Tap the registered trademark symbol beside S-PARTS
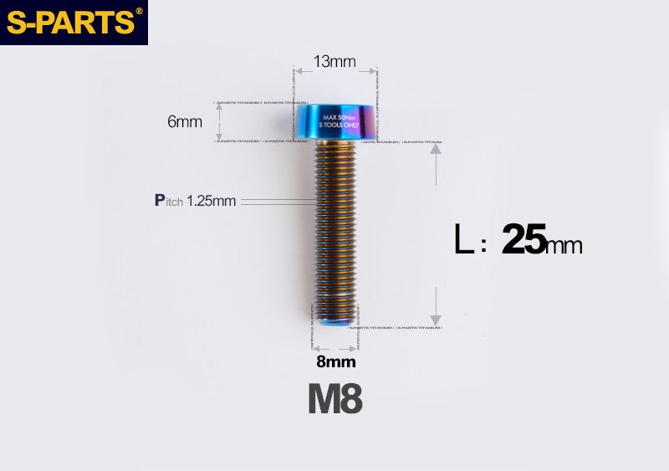tap(139, 11)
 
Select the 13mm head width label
tap(334, 62)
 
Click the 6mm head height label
tap(185, 121)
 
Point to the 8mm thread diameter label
tap(335, 362)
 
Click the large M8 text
tap(334, 399)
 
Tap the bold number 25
tap(523, 241)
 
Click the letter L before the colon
tap(463, 241)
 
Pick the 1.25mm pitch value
tap(212, 201)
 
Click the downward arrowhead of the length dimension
tap(435, 319)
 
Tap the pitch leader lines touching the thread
tap(280, 202)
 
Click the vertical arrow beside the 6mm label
tap(219, 122)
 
